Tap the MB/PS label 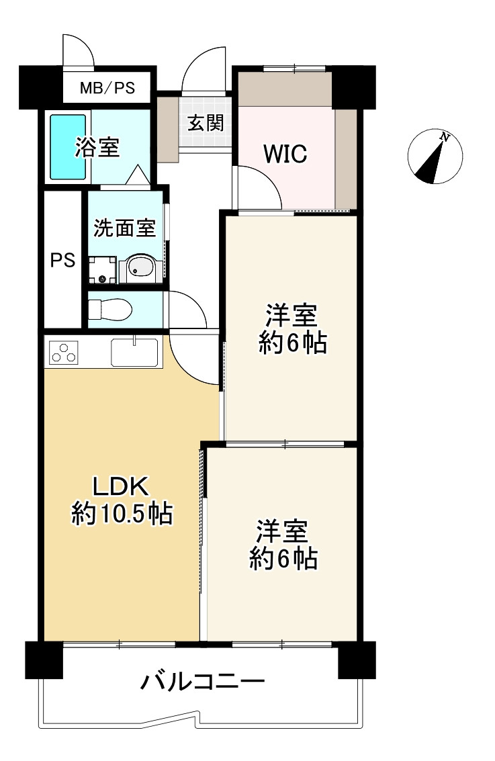tap(107, 88)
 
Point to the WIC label tap(285, 154)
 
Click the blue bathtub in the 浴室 tap(69, 147)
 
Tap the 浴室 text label tap(97, 148)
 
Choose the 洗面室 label tap(124, 228)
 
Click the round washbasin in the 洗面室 tap(140, 269)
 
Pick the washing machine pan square tap(102, 269)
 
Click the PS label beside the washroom tap(62, 261)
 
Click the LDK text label tap(124, 485)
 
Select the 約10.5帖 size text tap(122, 514)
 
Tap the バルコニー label tap(202, 683)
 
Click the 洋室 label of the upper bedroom tap(291, 315)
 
